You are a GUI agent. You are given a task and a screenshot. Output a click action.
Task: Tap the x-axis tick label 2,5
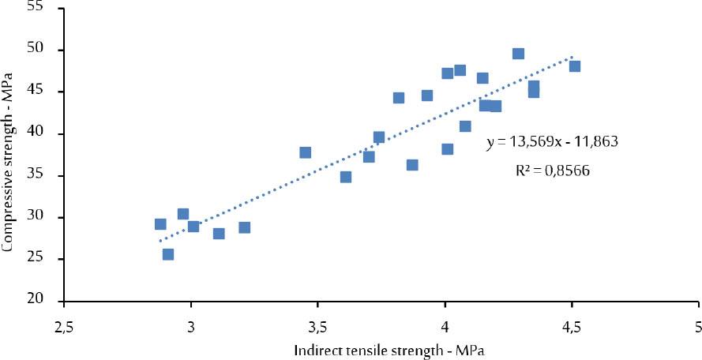(64, 326)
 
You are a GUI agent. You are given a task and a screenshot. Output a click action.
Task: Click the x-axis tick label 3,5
(317, 326)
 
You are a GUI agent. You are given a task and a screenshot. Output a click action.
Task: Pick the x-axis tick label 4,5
(572, 326)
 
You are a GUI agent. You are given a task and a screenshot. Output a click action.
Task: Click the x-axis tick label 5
(698, 326)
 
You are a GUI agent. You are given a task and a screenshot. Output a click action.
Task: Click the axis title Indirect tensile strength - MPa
(381, 349)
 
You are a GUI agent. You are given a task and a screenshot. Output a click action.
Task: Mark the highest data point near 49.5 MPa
(518, 54)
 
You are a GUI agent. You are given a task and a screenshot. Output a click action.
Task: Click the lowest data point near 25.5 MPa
(168, 254)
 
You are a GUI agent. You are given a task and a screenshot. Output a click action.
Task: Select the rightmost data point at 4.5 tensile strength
(575, 66)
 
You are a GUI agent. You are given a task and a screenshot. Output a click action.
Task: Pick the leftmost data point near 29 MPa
(160, 224)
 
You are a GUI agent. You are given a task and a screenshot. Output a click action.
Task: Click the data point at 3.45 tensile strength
(306, 152)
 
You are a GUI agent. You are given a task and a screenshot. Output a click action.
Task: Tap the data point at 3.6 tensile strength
(346, 177)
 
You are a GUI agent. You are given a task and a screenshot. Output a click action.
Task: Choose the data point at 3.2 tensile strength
(245, 227)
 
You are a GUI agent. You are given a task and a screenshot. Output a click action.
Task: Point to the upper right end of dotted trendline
(571, 57)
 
